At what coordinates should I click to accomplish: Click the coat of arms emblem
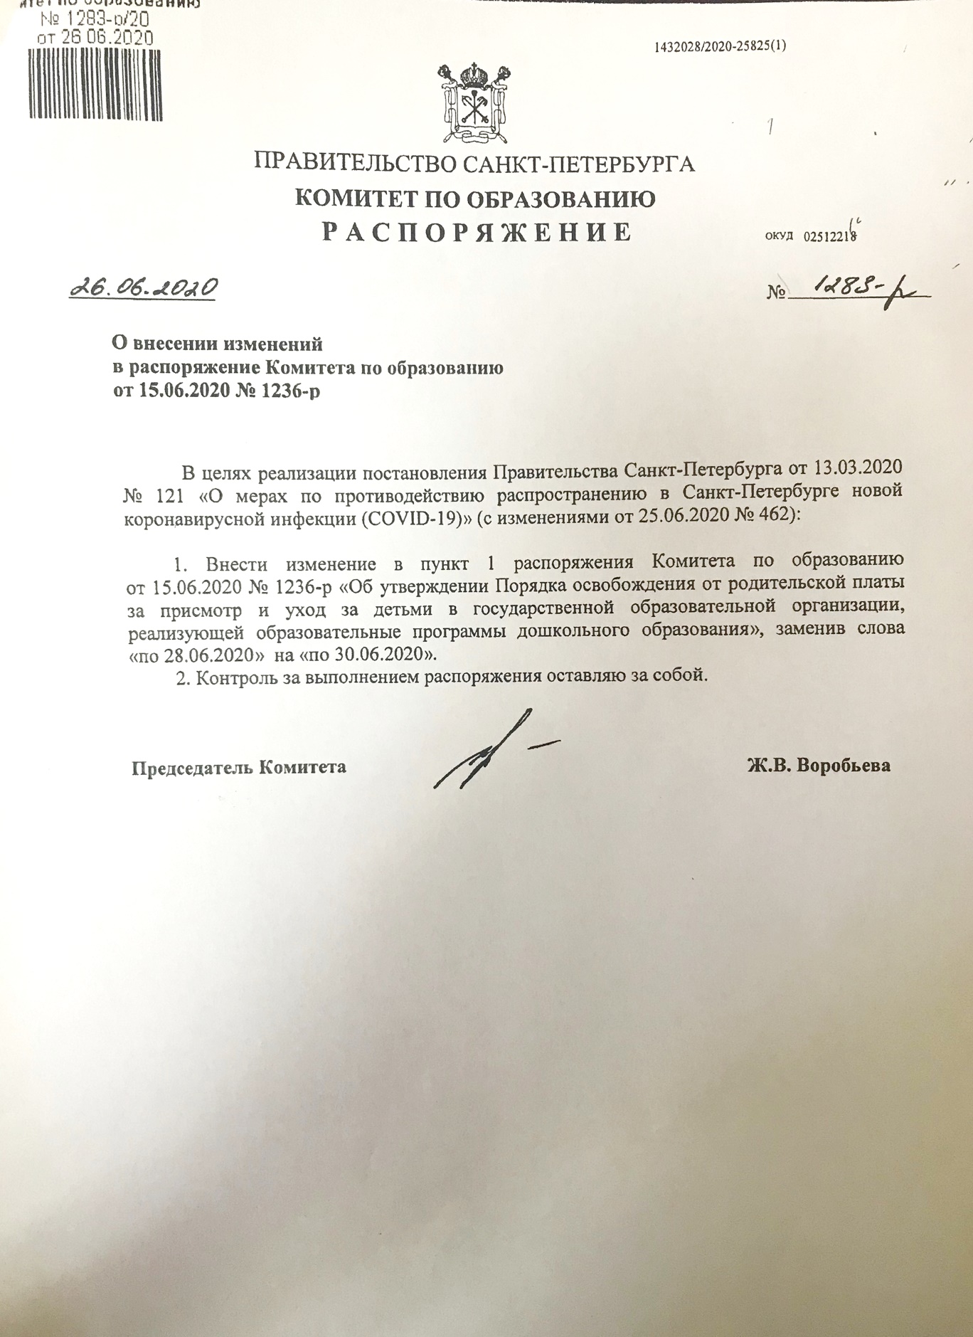click(x=475, y=104)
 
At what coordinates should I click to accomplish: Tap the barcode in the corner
click(x=96, y=84)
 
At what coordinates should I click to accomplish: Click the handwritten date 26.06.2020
click(x=143, y=287)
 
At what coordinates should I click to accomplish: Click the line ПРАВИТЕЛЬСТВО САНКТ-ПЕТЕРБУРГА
click(x=474, y=164)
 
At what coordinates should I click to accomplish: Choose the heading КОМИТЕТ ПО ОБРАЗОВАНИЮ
click(x=475, y=199)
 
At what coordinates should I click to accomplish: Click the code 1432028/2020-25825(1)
click(x=719, y=47)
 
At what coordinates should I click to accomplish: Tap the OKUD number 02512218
click(x=829, y=237)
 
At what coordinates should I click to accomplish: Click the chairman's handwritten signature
click(x=491, y=753)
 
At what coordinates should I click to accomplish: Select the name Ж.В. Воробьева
click(x=819, y=766)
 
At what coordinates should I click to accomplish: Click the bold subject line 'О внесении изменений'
click(x=218, y=344)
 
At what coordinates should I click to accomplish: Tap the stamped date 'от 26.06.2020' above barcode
click(x=95, y=38)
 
